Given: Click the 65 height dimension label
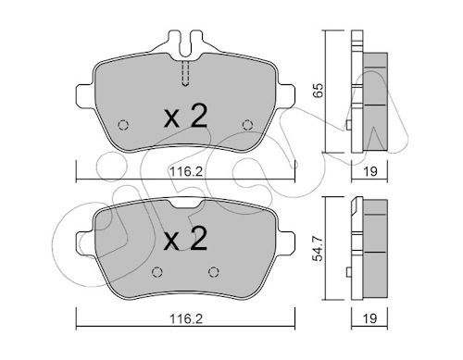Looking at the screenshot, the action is point(319,90).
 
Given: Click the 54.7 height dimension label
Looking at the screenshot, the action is point(318,248).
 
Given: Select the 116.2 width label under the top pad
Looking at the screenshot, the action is point(186,171).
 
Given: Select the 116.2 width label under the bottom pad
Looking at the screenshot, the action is point(186,319).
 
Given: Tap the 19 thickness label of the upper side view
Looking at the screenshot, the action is point(370,171).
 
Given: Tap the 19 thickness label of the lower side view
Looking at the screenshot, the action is point(370,318).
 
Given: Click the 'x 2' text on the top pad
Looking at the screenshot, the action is point(186,116).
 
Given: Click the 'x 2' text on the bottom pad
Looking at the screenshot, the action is point(186,238).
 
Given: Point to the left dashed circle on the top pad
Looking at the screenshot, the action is point(123,125).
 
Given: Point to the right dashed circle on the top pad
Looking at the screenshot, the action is point(247,125).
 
